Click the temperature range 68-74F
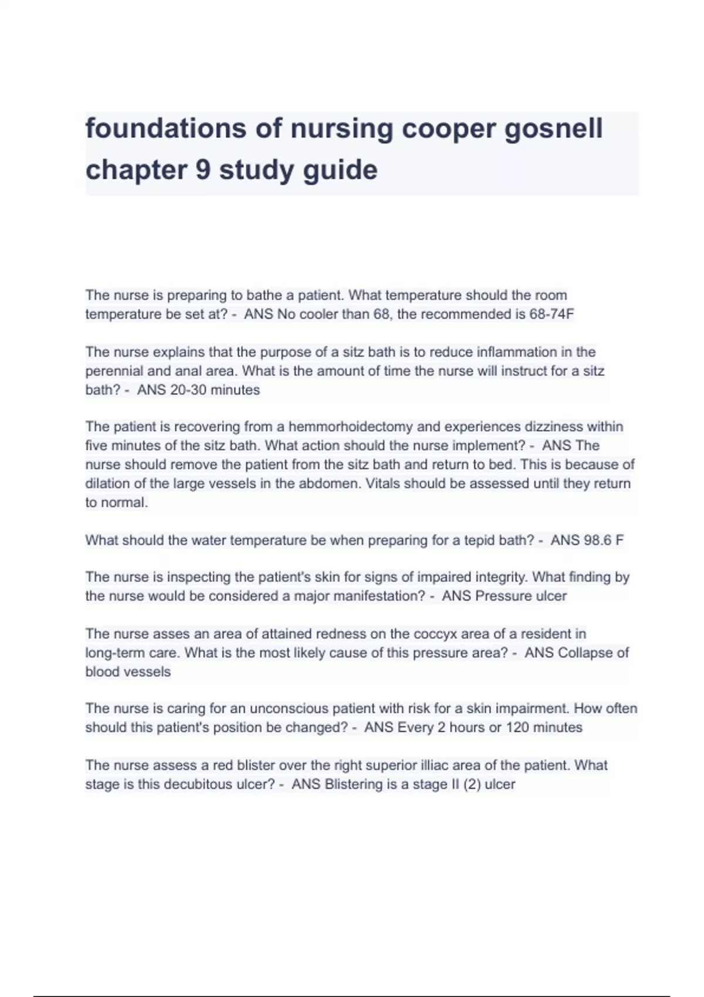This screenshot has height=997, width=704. [x=551, y=314]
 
